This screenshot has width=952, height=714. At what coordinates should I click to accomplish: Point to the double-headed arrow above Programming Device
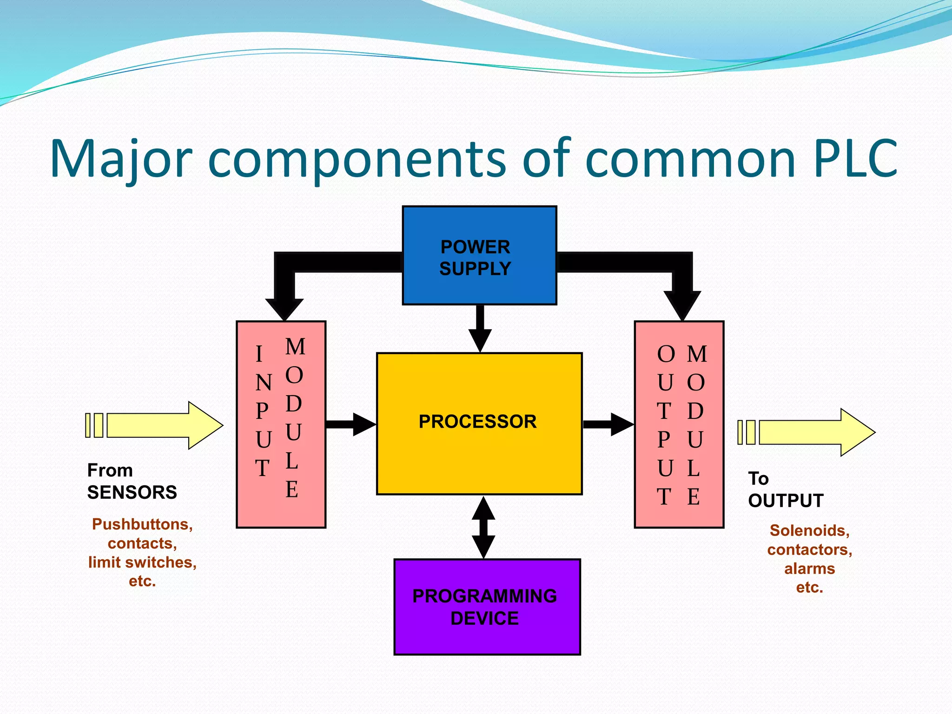click(483, 527)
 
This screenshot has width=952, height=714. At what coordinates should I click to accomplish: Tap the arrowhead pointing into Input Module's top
click(284, 308)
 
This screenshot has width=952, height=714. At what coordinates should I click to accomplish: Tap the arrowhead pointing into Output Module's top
click(682, 304)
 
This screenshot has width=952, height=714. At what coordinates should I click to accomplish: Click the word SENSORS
click(132, 492)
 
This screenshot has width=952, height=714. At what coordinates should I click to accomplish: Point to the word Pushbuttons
click(141, 524)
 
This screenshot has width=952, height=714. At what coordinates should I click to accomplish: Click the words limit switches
click(142, 562)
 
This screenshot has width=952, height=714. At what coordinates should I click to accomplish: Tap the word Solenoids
click(809, 530)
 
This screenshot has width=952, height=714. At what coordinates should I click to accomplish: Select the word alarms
click(809, 569)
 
